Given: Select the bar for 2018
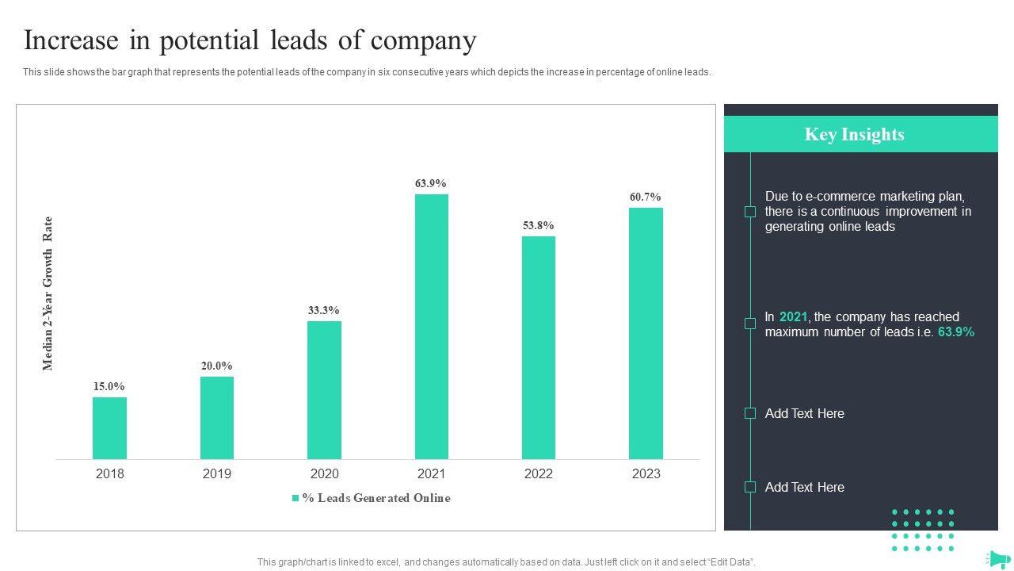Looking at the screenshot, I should (x=109, y=427).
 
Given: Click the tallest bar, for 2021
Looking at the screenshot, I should (x=431, y=326).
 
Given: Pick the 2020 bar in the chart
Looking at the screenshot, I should (x=324, y=389).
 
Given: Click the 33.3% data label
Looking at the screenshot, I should (x=324, y=310).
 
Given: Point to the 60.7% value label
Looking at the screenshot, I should (x=646, y=197).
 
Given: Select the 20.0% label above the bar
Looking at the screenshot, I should (x=216, y=366).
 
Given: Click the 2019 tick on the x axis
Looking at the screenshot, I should (x=217, y=473).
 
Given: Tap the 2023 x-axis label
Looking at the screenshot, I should (x=646, y=473).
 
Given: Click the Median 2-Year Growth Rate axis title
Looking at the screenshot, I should (x=48, y=293).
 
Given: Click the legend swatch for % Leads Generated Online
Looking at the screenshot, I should (x=295, y=498).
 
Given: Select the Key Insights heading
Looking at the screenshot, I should (x=854, y=134).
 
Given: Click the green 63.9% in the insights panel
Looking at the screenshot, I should (x=956, y=331).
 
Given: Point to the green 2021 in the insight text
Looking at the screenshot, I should (x=793, y=316).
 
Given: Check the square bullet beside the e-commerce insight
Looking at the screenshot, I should (x=749, y=212).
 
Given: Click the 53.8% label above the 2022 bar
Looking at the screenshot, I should (x=539, y=225).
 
